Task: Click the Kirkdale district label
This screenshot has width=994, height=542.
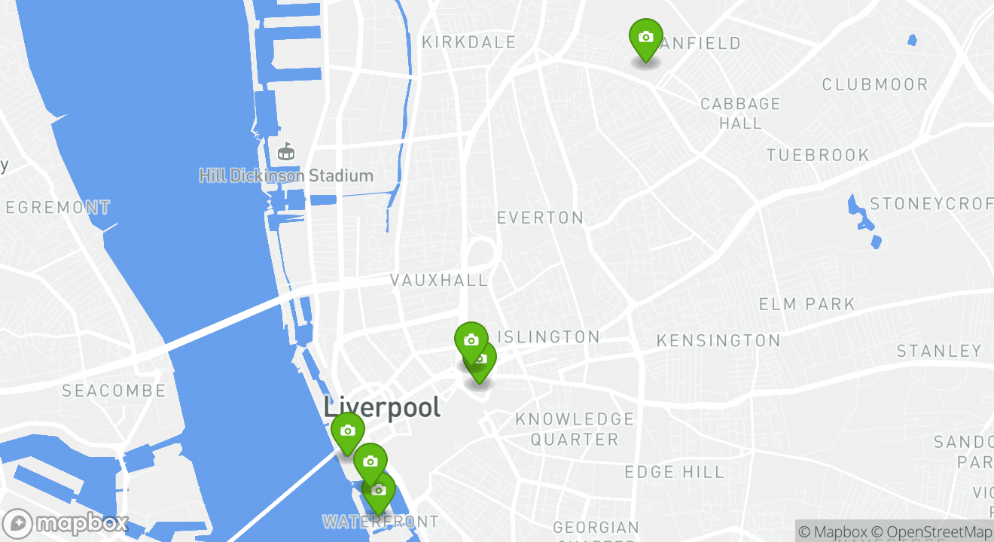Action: [469, 42]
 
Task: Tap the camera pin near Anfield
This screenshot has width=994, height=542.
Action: [645, 38]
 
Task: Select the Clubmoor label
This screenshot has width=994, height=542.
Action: [875, 84]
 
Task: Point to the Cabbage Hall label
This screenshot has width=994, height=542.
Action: [740, 113]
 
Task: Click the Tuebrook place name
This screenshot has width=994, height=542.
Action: [818, 155]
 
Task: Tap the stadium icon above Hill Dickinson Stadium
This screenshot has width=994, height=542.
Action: [286, 152]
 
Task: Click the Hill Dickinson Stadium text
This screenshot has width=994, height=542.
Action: [286, 176]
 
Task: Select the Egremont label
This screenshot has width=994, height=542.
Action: [58, 207]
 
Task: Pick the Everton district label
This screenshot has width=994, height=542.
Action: [540, 218]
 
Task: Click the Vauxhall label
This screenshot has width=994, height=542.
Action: [439, 280]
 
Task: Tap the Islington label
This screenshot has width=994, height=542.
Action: [550, 337]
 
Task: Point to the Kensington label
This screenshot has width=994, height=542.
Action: [718, 341]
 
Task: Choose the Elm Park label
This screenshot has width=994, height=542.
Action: [806, 304]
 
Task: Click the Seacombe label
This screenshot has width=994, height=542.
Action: [114, 391]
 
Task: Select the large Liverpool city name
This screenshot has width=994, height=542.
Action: [382, 407]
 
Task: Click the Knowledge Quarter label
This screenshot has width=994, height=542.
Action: [575, 429]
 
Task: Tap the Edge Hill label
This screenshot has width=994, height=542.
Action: [674, 472]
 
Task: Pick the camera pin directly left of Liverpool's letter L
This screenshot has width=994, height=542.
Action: [347, 431]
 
